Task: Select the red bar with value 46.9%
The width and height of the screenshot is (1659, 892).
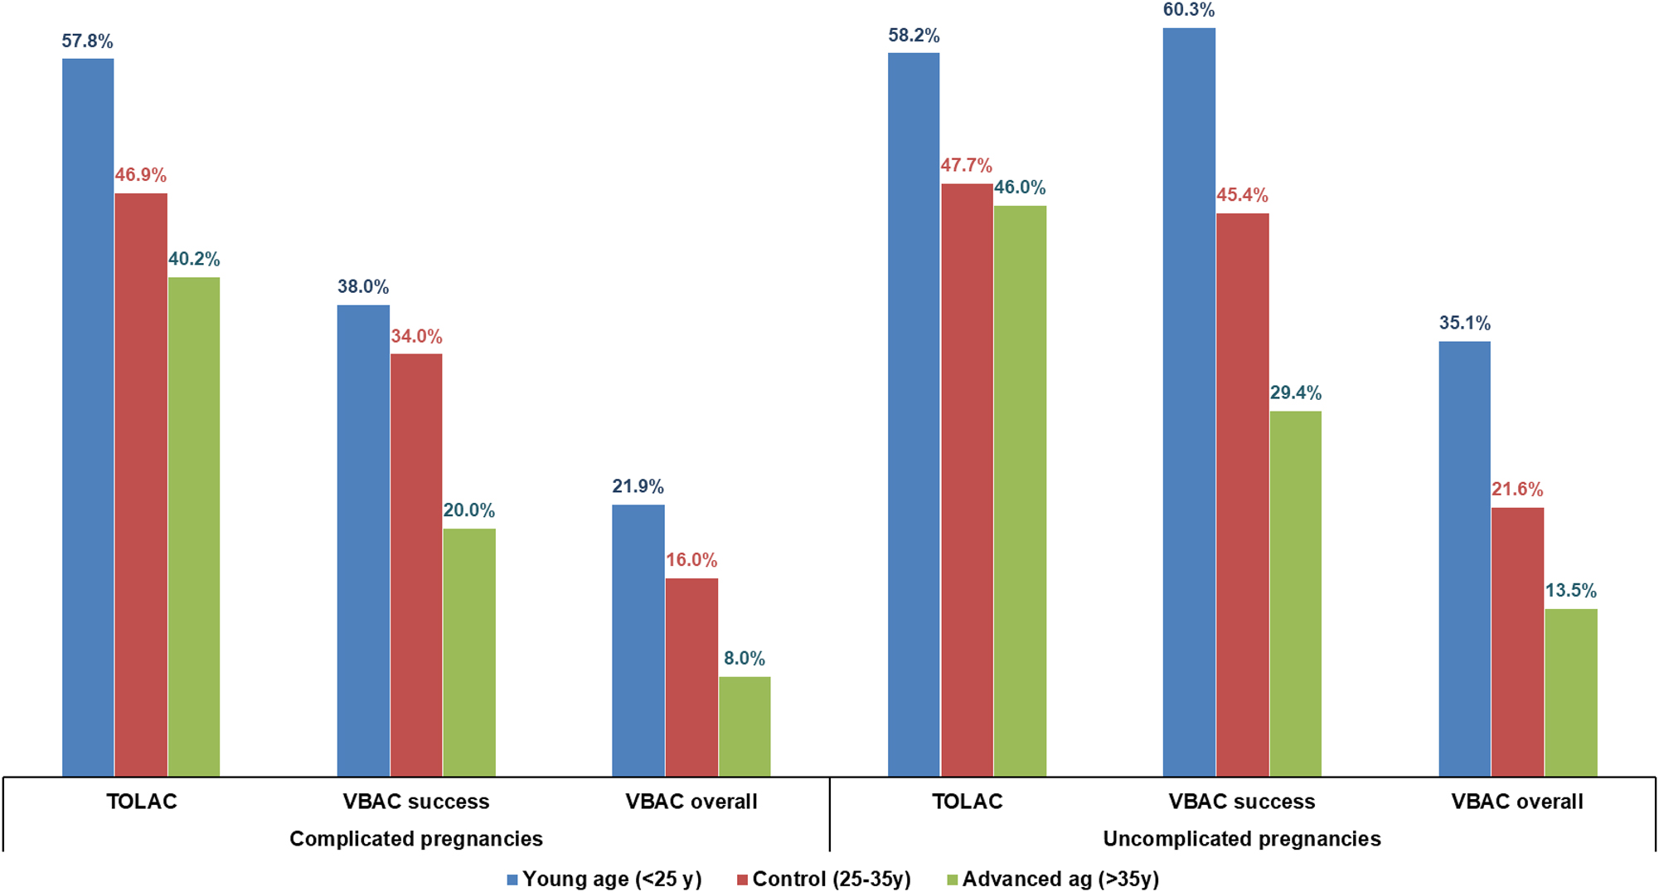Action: (x=141, y=485)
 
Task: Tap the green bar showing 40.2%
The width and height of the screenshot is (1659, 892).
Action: (x=194, y=527)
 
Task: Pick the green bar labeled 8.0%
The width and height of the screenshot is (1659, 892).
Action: (x=745, y=726)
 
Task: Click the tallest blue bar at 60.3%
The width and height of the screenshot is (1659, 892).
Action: (x=1189, y=402)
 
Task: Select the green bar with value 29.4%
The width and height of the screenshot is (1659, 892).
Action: (x=1295, y=593)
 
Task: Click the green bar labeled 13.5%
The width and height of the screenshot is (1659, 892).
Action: (x=1570, y=692)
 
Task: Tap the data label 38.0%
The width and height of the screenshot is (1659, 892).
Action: (x=363, y=287)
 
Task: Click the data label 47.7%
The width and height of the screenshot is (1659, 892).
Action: (x=966, y=166)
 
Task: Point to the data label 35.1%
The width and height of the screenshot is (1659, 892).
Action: (x=1464, y=323)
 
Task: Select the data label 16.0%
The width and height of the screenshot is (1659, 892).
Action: (x=691, y=560)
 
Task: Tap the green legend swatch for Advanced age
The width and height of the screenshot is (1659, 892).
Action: (x=953, y=880)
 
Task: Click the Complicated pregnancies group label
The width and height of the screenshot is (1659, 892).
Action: (x=416, y=839)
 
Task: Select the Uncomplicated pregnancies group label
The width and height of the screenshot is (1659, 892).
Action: (x=1242, y=839)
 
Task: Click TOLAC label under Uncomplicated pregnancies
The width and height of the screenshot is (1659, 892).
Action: (x=967, y=802)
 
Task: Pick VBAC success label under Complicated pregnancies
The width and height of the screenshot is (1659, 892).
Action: (x=416, y=802)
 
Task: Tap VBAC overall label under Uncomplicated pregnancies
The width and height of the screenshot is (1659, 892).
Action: (x=1517, y=802)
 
